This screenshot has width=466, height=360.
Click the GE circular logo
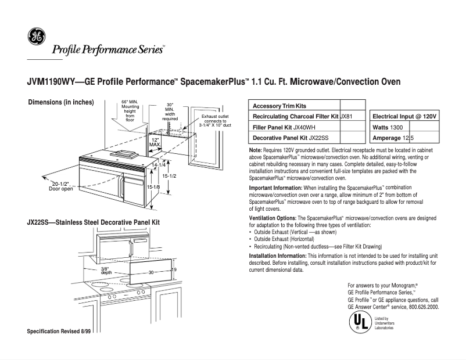[35, 37]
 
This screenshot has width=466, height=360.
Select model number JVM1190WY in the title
[52, 82]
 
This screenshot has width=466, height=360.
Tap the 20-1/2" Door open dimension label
[61, 186]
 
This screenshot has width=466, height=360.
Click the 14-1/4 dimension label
[158, 165]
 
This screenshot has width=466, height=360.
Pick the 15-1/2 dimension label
[169, 175]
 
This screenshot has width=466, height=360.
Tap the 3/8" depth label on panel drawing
[106, 271]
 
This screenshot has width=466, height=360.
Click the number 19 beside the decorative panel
[173, 269]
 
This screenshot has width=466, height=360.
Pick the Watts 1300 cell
[388, 127]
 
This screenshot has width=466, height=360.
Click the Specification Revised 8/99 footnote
[59, 331]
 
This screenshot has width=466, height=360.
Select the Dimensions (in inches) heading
[61, 103]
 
